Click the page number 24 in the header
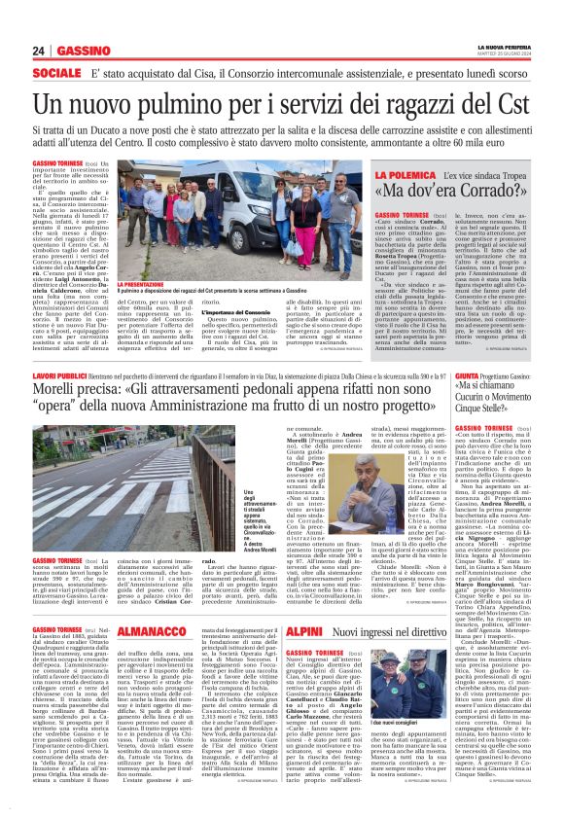point(38,50)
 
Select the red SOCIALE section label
point(55,73)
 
